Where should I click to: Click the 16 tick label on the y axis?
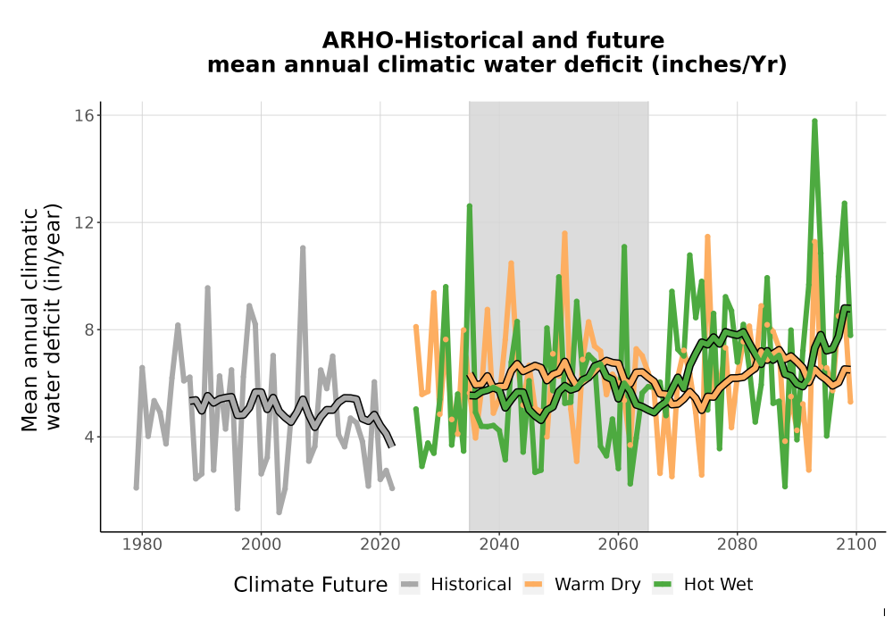pos(84,115)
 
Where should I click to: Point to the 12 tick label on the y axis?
pos(84,222)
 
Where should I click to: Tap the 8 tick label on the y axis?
pos(88,329)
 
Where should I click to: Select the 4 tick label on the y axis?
pos(88,437)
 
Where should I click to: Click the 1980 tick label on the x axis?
pos(142,545)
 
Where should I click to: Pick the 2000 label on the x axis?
pos(262,545)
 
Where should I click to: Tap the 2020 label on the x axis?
pos(380,545)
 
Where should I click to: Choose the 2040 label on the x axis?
pos(499,545)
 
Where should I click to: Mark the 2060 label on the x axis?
pos(618,545)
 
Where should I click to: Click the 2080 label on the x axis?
pos(737,545)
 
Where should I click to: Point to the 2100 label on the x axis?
pos(856,545)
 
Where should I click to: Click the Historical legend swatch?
pos(410,585)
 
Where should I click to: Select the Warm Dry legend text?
pos(597,585)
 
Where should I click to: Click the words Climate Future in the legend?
pos(311,585)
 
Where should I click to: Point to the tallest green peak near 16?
pos(815,121)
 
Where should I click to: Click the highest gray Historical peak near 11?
pos(303,248)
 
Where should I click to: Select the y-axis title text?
pos(40,316)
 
